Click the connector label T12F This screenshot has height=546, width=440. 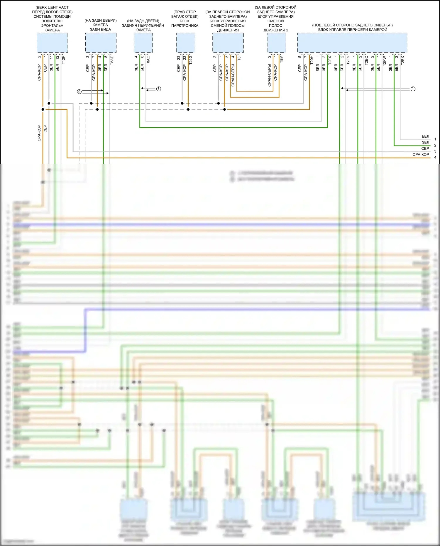click(x=64, y=60)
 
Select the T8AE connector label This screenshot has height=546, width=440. click(x=112, y=60)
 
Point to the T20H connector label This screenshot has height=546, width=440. click(x=312, y=60)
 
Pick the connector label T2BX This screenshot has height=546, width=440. click(x=402, y=60)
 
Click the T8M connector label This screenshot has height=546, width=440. click(x=281, y=59)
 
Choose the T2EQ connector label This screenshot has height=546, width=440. click(x=366, y=60)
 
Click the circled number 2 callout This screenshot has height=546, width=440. click(x=79, y=92)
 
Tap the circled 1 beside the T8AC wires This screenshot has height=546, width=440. click(x=159, y=89)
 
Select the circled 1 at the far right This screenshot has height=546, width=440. click(x=413, y=89)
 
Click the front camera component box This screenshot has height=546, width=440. click(x=52, y=43)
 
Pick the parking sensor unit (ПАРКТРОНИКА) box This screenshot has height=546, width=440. click(x=185, y=43)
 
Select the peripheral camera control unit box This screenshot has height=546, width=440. click(x=352, y=43)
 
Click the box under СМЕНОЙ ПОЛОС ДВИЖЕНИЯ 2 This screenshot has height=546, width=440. click(x=276, y=43)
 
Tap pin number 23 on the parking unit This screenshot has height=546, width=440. click(x=178, y=58)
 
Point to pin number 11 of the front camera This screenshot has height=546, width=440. click(x=51, y=58)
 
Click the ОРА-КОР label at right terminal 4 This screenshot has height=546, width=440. click(x=421, y=155)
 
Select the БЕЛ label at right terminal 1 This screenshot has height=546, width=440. click(x=425, y=136)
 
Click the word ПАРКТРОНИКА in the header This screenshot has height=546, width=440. click(x=185, y=26)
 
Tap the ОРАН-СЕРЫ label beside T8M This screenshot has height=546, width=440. click(x=269, y=76)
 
